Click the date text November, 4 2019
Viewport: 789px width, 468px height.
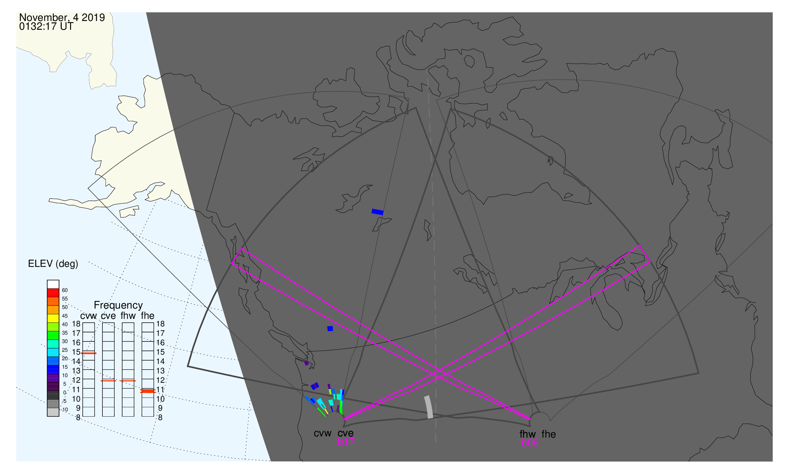click(x=62, y=17)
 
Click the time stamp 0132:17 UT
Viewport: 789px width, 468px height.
click(x=46, y=27)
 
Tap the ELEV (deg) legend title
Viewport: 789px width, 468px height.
click(x=53, y=264)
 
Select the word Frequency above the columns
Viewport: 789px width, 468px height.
click(x=118, y=305)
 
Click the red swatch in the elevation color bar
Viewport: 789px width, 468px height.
click(x=53, y=293)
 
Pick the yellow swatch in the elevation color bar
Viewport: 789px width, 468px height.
click(x=53, y=319)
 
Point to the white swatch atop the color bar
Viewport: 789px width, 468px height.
click(x=53, y=284)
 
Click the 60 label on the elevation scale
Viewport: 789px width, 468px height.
click(x=65, y=290)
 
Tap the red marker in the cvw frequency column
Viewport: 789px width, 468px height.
click(x=89, y=354)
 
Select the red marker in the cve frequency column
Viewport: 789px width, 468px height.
click(x=108, y=381)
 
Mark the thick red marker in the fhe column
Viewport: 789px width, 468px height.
click(x=148, y=391)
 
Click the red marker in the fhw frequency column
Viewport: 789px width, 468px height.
click(x=128, y=381)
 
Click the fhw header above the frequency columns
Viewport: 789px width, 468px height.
click(x=128, y=316)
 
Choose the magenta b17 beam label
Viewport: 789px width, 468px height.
click(x=346, y=442)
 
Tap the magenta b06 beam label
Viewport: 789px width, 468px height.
click(x=529, y=443)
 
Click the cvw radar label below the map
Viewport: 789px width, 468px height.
click(x=322, y=434)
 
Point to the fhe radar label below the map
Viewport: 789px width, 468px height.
click(x=549, y=434)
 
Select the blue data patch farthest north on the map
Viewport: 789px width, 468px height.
click(x=377, y=212)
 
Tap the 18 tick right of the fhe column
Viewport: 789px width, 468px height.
click(x=160, y=324)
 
